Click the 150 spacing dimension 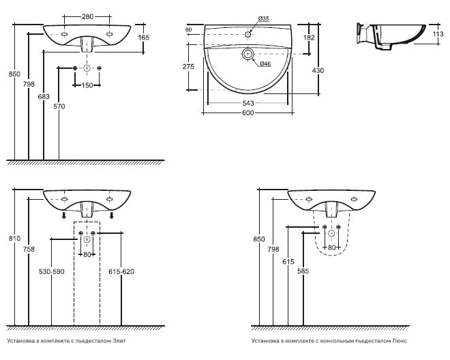click(x=87, y=85)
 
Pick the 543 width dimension click(x=248, y=103)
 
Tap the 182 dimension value click(x=310, y=38)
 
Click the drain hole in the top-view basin click(x=247, y=54)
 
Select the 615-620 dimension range click(x=121, y=272)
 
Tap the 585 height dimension click(x=302, y=271)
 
